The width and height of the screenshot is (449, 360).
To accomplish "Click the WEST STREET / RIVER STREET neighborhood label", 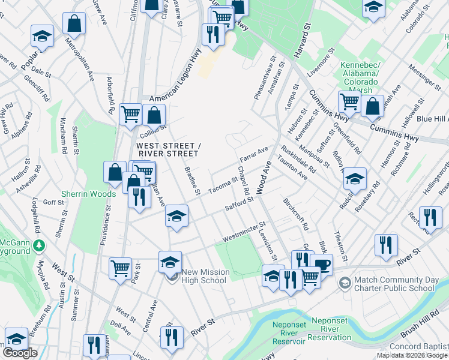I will [166, 150].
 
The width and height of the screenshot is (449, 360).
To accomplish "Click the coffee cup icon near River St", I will [322, 265].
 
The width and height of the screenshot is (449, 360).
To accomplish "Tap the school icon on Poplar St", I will [42, 35].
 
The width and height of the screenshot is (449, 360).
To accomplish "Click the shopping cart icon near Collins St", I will [130, 113].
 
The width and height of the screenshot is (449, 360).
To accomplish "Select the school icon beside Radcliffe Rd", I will [355, 178].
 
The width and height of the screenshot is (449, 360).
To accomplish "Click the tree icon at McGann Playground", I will [39, 246].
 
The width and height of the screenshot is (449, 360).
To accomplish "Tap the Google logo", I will [20, 353].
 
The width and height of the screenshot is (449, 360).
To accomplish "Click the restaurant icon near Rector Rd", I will [430, 217].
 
